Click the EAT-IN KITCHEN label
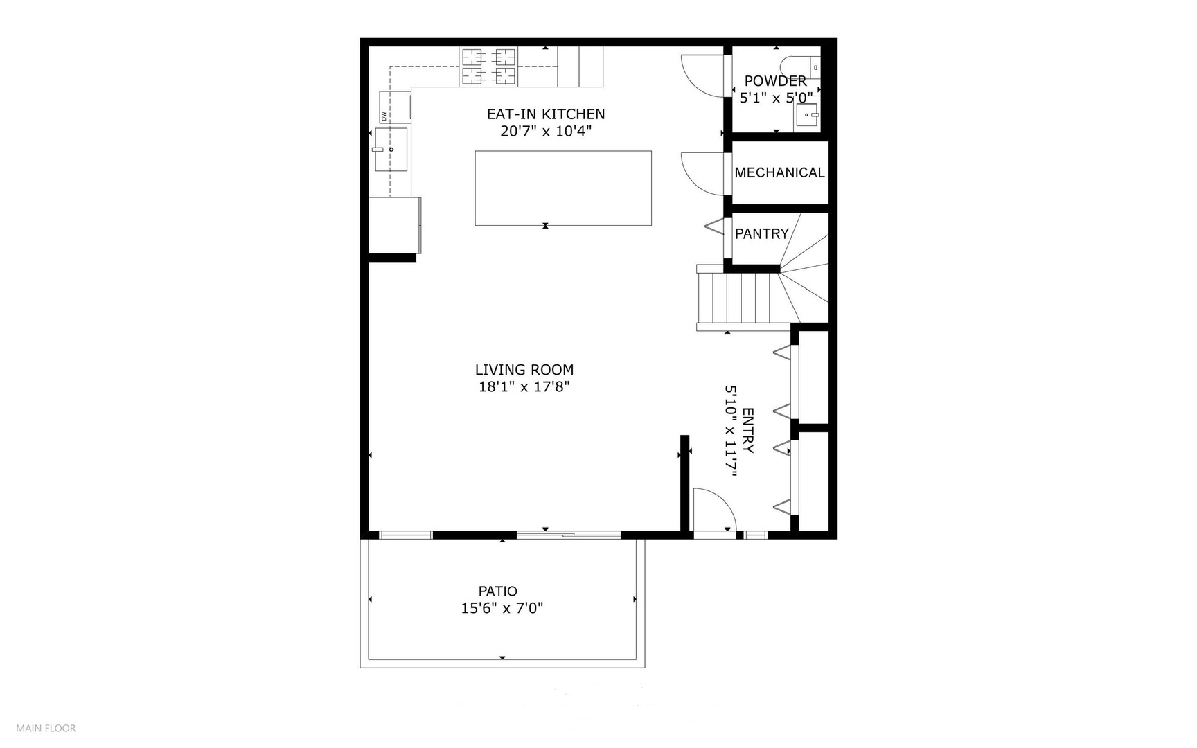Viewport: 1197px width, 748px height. (546, 114)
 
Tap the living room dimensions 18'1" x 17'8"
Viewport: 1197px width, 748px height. (524, 386)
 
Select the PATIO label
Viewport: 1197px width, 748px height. (497, 591)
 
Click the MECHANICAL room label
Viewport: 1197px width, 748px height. (779, 172)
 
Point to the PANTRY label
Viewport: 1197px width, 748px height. (761, 234)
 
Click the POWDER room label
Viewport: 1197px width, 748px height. (775, 81)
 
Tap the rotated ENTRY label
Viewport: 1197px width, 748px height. (747, 430)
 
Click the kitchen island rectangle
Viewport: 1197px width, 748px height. (562, 188)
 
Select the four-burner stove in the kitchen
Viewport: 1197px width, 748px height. (488, 66)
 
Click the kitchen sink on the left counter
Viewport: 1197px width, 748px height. (391, 149)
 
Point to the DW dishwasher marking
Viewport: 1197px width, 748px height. (384, 116)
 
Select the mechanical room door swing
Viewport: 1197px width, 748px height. (701, 172)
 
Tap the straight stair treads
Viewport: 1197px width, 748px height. (734, 299)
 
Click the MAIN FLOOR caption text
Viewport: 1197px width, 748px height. (46, 728)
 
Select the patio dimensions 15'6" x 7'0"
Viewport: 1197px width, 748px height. (502, 609)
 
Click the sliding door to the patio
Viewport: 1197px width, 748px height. (568, 534)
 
